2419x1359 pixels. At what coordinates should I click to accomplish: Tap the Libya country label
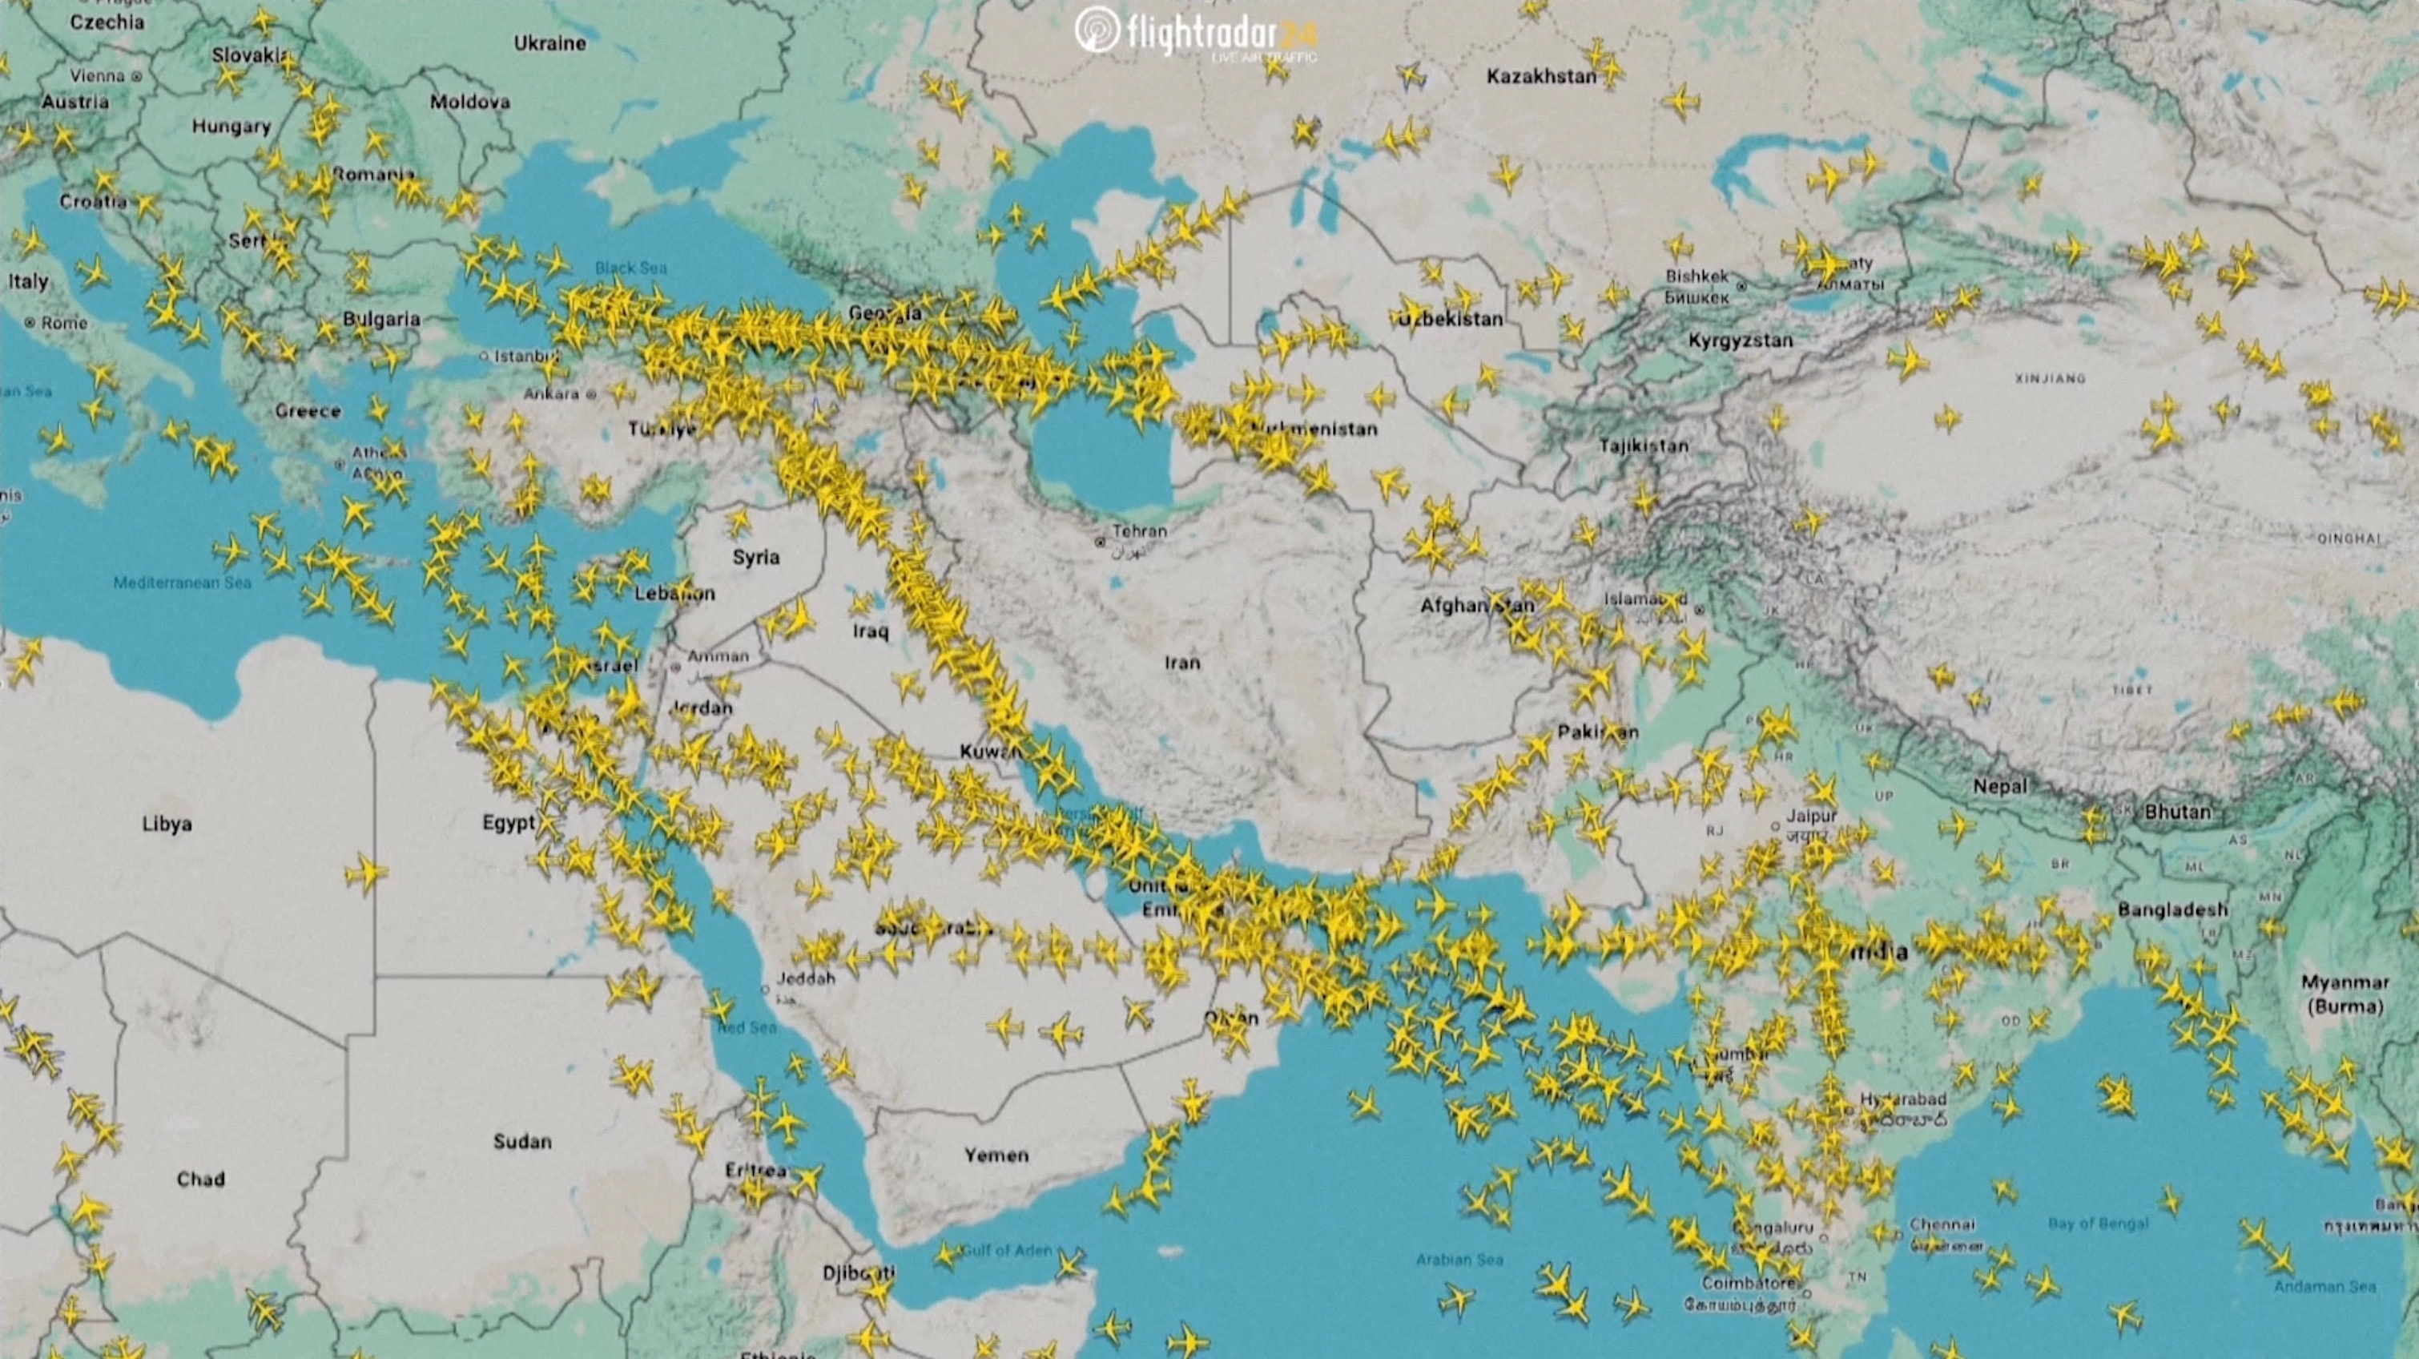pyautogui.click(x=167, y=824)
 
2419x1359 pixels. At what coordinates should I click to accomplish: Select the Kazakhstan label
pyautogui.click(x=1541, y=77)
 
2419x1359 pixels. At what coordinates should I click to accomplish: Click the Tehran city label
pyautogui.click(x=1139, y=531)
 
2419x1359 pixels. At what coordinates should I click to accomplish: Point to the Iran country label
pyautogui.click(x=1182, y=663)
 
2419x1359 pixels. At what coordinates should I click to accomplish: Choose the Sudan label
pyautogui.click(x=522, y=1141)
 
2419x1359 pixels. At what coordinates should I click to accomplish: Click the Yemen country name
pyautogui.click(x=996, y=1155)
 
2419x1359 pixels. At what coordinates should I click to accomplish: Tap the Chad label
pyautogui.click(x=201, y=1179)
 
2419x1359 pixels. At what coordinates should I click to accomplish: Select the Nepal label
pyautogui.click(x=2000, y=786)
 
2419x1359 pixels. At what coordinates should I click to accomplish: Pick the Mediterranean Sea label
pyautogui.click(x=182, y=583)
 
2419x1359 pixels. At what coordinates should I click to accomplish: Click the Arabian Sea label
pyautogui.click(x=1459, y=1260)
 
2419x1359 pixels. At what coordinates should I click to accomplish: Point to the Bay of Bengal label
pyautogui.click(x=2098, y=1223)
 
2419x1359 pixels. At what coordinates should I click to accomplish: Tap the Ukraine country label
pyautogui.click(x=550, y=43)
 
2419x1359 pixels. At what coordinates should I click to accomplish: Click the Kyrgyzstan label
pyautogui.click(x=1740, y=341)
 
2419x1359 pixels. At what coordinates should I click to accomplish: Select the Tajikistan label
pyautogui.click(x=1644, y=446)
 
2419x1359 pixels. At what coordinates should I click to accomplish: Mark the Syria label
pyautogui.click(x=756, y=557)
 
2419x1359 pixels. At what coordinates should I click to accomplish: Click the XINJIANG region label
pyautogui.click(x=2050, y=378)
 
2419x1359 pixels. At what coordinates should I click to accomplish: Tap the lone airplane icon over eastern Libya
pyautogui.click(x=365, y=873)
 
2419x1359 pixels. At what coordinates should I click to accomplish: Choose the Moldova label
pyautogui.click(x=469, y=102)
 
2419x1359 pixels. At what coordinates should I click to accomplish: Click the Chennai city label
pyautogui.click(x=1942, y=1224)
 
